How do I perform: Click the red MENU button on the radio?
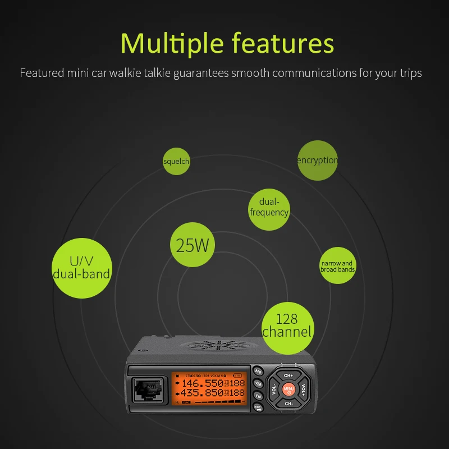point(288,388)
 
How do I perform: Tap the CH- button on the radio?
point(288,403)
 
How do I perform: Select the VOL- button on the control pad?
point(274,388)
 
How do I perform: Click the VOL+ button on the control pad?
point(304,388)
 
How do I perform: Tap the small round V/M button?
point(258,383)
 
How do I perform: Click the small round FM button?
point(258,396)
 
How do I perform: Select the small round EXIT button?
point(258,409)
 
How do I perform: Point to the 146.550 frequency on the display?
point(202,383)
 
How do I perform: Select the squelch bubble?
point(176,162)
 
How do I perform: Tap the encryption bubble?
point(318,161)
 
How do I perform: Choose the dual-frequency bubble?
point(269,207)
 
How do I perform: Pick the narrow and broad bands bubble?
point(337,266)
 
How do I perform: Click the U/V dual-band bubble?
point(81,268)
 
